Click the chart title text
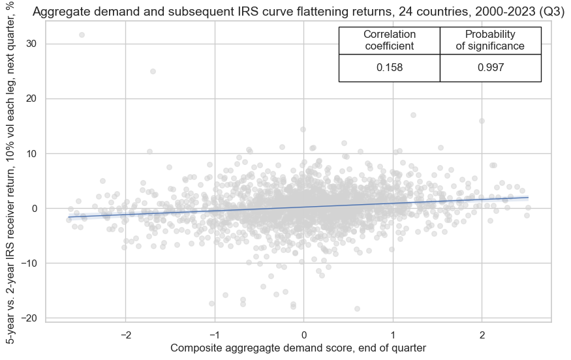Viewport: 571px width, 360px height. click(x=298, y=12)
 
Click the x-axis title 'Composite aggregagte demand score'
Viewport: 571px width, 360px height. click(x=298, y=348)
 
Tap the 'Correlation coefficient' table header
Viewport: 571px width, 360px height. click(x=390, y=40)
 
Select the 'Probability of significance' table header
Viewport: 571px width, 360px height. click(x=491, y=40)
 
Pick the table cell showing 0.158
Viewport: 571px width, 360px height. click(x=390, y=68)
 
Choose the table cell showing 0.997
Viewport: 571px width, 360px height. click(x=491, y=68)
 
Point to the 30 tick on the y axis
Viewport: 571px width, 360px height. click(x=31, y=44)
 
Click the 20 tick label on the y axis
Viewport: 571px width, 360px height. click(x=31, y=98)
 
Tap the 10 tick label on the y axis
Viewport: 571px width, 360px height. click(x=31, y=153)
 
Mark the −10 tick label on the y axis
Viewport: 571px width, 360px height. click(x=29, y=263)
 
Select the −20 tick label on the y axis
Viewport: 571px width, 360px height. click(x=29, y=318)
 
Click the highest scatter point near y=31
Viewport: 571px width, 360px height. click(x=82, y=35)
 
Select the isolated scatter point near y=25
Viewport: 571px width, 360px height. click(x=153, y=71)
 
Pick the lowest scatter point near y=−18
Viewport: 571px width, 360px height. click(x=357, y=308)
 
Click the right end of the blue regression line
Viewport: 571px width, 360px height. click(x=527, y=197)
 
